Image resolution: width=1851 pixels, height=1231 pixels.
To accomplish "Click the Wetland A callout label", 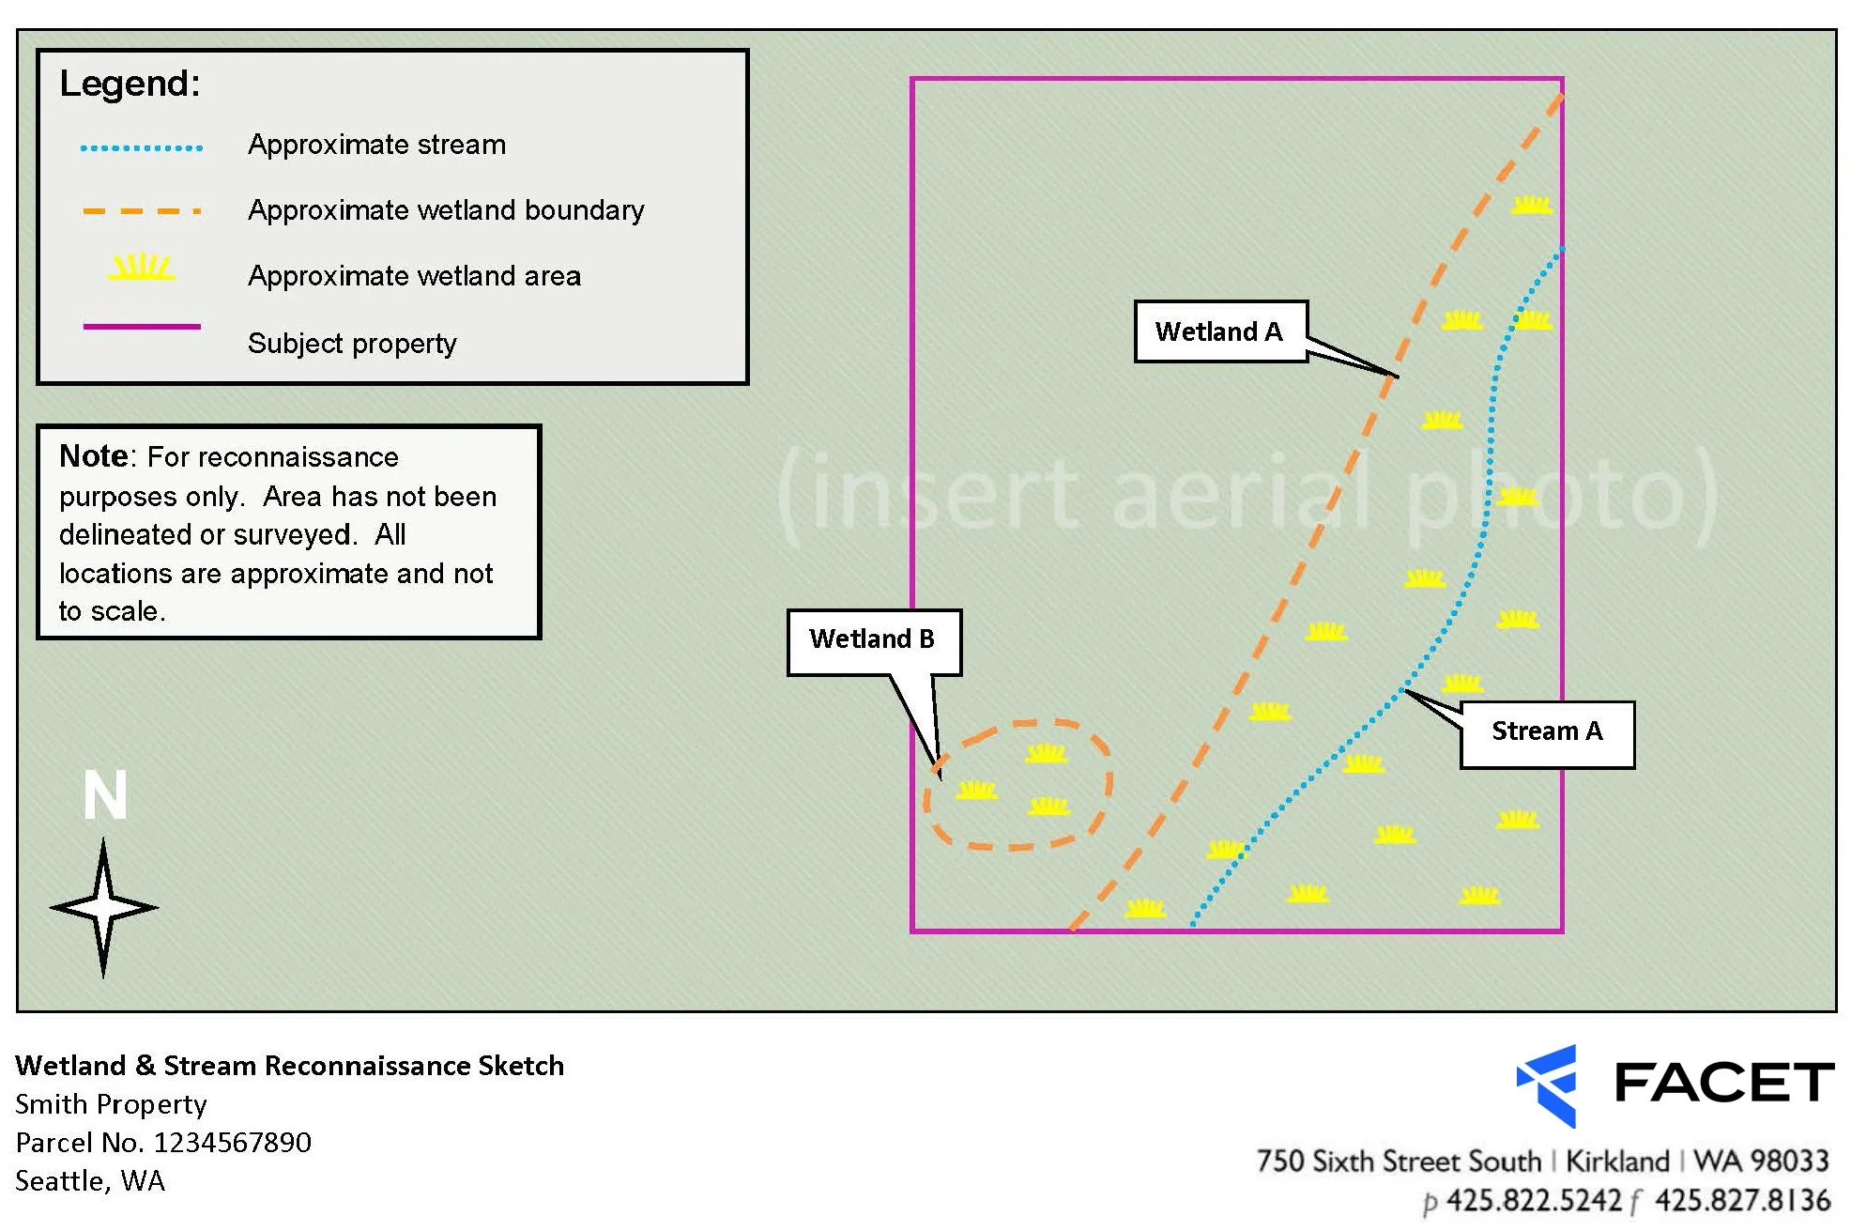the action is pyautogui.click(x=1219, y=331).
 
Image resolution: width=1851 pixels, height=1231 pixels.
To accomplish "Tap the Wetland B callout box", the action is pyautogui.click(x=873, y=640).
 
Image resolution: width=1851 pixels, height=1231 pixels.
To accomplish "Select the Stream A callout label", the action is pyautogui.click(x=1546, y=732).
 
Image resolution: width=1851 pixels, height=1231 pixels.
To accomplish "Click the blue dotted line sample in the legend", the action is pyautogui.click(x=142, y=147).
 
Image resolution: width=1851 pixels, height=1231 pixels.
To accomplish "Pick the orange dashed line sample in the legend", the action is pyautogui.click(x=142, y=211).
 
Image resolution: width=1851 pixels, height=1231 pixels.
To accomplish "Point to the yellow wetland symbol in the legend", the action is pyautogui.click(x=142, y=269).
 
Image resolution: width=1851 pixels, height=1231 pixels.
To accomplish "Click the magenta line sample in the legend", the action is pyautogui.click(x=142, y=327).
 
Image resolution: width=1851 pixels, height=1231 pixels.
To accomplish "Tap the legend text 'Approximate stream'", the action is pyautogui.click(x=376, y=146).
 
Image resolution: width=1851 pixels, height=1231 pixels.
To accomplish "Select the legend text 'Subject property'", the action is pyautogui.click(x=352, y=344).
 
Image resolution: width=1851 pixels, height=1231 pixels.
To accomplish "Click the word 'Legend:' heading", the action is pyautogui.click(x=130, y=85).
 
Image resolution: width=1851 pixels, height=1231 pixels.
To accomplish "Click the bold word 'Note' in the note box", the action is pyautogui.click(x=93, y=456).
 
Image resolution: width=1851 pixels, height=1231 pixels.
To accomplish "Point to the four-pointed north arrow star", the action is pyautogui.click(x=103, y=908).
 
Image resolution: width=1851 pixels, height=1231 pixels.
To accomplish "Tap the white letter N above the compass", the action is pyautogui.click(x=104, y=796).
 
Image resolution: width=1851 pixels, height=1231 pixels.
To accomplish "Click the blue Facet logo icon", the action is pyautogui.click(x=1548, y=1085).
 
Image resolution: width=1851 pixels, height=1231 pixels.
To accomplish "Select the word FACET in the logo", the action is pyautogui.click(x=1723, y=1083).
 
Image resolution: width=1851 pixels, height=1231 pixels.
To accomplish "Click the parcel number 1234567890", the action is pyautogui.click(x=232, y=1143).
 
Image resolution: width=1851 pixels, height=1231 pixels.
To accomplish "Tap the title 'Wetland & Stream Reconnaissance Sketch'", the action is pyautogui.click(x=289, y=1066).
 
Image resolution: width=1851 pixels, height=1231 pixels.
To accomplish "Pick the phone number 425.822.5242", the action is pyautogui.click(x=1534, y=1201).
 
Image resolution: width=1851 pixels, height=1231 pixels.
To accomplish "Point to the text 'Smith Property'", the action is pyautogui.click(x=111, y=1104).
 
